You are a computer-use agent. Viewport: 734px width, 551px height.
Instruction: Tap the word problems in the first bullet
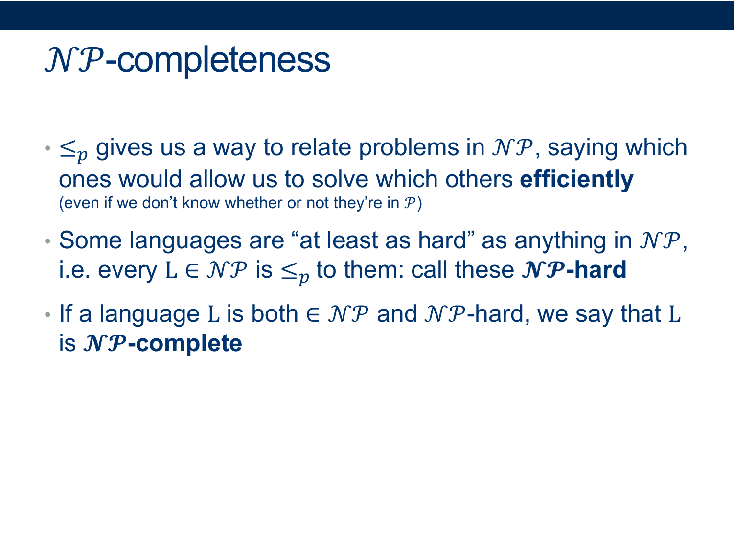409,148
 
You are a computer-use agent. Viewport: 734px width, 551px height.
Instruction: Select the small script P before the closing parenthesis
410,203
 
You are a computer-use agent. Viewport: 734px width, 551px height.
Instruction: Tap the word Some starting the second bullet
91,240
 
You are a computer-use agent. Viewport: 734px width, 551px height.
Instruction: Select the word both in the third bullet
275,314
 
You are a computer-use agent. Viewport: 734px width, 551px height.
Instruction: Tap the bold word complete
189,344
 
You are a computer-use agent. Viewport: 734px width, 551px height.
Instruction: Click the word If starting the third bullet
66,314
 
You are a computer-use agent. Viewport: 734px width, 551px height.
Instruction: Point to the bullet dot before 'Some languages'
47,241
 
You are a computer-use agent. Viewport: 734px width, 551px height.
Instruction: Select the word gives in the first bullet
124,149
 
